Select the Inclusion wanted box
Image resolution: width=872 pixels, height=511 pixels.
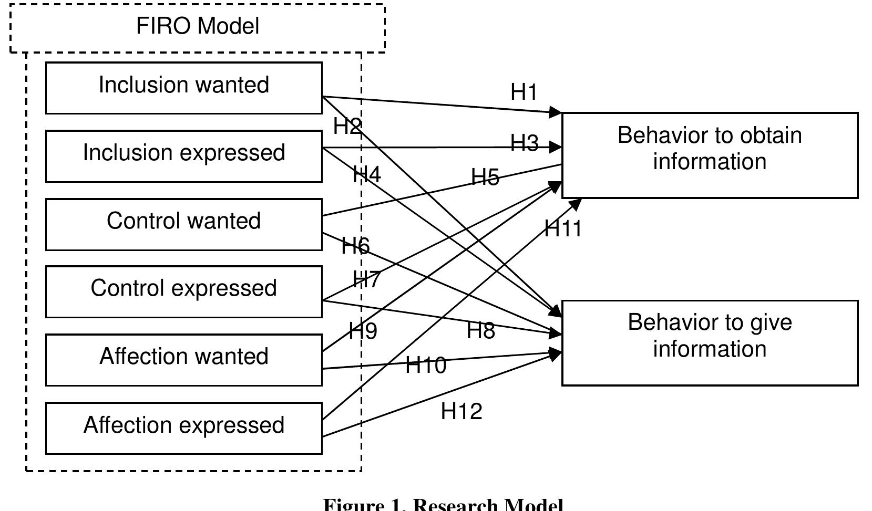click(x=183, y=88)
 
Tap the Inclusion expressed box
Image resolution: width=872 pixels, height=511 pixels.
click(x=183, y=155)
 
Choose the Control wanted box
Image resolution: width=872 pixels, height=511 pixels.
click(x=183, y=224)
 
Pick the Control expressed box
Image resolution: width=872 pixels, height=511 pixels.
click(x=183, y=291)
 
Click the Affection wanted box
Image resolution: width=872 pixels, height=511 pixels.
click(x=183, y=359)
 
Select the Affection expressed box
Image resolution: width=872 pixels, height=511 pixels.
click(x=183, y=427)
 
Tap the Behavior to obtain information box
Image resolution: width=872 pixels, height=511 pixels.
click(x=710, y=155)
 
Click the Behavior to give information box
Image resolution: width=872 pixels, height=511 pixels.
click(x=710, y=342)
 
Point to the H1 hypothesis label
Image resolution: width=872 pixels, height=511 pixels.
click(x=524, y=92)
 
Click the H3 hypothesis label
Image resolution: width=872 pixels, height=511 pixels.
click(x=525, y=143)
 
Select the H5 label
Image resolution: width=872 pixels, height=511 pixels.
click(x=485, y=177)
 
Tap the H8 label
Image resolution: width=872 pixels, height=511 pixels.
click(x=480, y=331)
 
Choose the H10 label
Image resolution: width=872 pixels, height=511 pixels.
click(x=426, y=365)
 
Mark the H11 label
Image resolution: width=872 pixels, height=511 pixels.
click(x=563, y=229)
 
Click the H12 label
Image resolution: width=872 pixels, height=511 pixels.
click(x=461, y=411)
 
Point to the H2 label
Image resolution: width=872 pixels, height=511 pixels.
click(x=347, y=127)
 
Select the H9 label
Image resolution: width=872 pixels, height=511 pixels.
click(x=363, y=331)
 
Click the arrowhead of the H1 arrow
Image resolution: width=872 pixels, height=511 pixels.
click(x=556, y=112)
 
